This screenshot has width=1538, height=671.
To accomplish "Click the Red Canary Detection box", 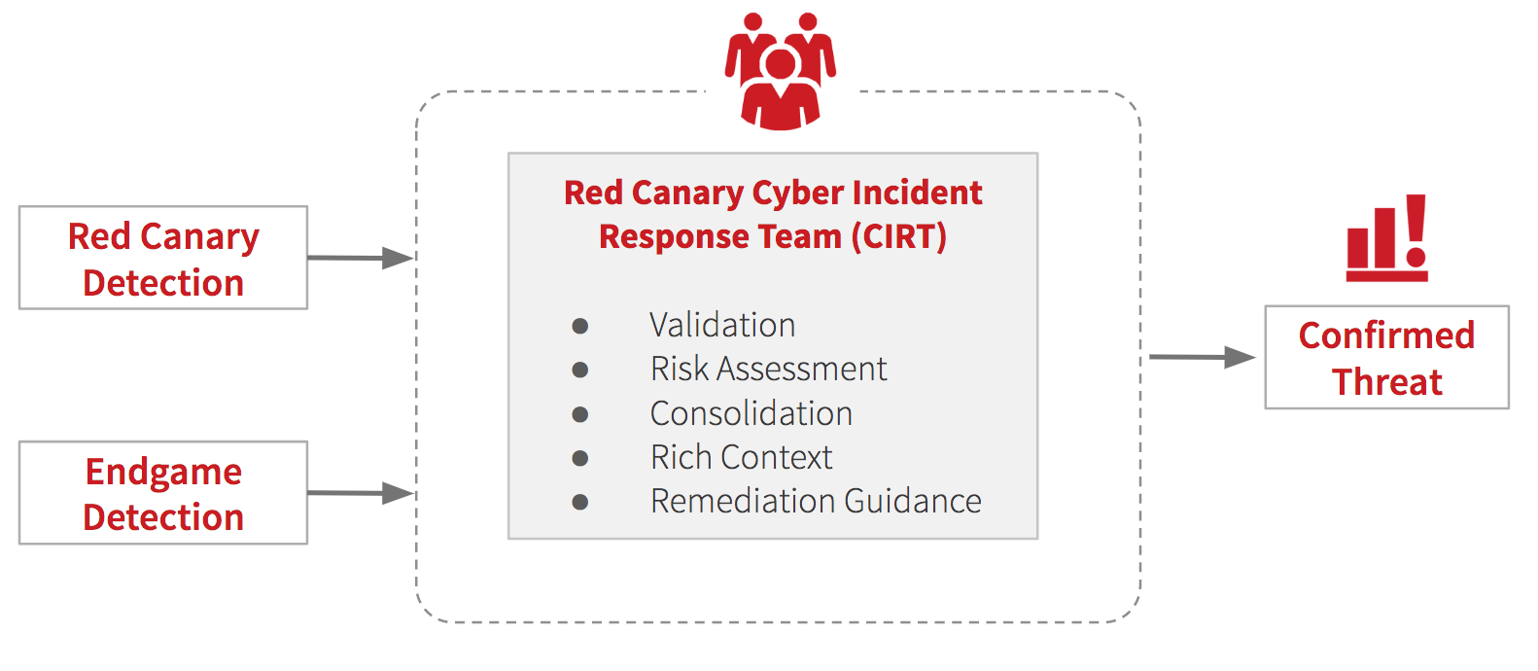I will (163, 259).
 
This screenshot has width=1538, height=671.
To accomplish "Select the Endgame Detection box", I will (163, 493).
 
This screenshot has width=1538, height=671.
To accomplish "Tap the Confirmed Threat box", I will (1386, 358).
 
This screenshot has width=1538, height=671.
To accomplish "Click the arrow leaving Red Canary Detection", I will (361, 258).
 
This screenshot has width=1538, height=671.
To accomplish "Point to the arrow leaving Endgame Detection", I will (361, 493).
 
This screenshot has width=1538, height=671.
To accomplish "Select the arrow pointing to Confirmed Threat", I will (1202, 357).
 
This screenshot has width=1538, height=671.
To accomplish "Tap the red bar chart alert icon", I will (1386, 239).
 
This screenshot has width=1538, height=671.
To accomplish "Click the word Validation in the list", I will (722, 325).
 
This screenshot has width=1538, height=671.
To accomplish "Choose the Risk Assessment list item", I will (768, 369).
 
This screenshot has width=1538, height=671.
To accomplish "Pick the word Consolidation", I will (751, 413).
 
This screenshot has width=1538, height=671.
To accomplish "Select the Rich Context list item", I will (741, 457).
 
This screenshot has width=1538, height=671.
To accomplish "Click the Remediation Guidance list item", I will (816, 501).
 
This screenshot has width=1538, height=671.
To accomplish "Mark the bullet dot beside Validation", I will (580, 326).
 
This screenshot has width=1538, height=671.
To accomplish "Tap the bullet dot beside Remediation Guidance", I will (580, 502).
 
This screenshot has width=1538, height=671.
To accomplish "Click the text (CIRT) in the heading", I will (898, 236).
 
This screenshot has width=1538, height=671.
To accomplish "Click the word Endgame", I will (163, 472).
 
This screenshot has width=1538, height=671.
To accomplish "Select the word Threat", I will (1386, 382).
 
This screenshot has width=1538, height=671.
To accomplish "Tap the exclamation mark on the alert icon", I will (1416, 230).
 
